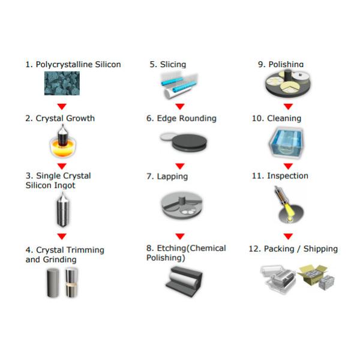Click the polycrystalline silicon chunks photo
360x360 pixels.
[x=62, y=83]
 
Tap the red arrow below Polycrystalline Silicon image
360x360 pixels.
[x=62, y=107]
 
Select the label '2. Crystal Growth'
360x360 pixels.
[x=60, y=118]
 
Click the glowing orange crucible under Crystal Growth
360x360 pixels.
[x=63, y=148]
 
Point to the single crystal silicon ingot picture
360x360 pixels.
[x=62, y=209]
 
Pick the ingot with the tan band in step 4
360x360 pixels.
[x=71, y=283]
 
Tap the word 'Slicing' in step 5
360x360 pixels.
[x=173, y=65]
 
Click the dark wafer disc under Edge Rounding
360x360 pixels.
[x=190, y=142]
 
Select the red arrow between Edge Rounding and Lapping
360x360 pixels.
[x=180, y=166]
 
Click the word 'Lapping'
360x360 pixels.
[x=172, y=176]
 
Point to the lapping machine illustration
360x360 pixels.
[x=182, y=206]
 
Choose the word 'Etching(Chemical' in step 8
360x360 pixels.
[x=191, y=248]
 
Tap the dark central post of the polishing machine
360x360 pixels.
[x=287, y=76]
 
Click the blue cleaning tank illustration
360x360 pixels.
[x=287, y=143]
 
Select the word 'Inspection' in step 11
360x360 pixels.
[x=287, y=176]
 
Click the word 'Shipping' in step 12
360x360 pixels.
[x=320, y=249]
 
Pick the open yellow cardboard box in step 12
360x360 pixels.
[x=311, y=275]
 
